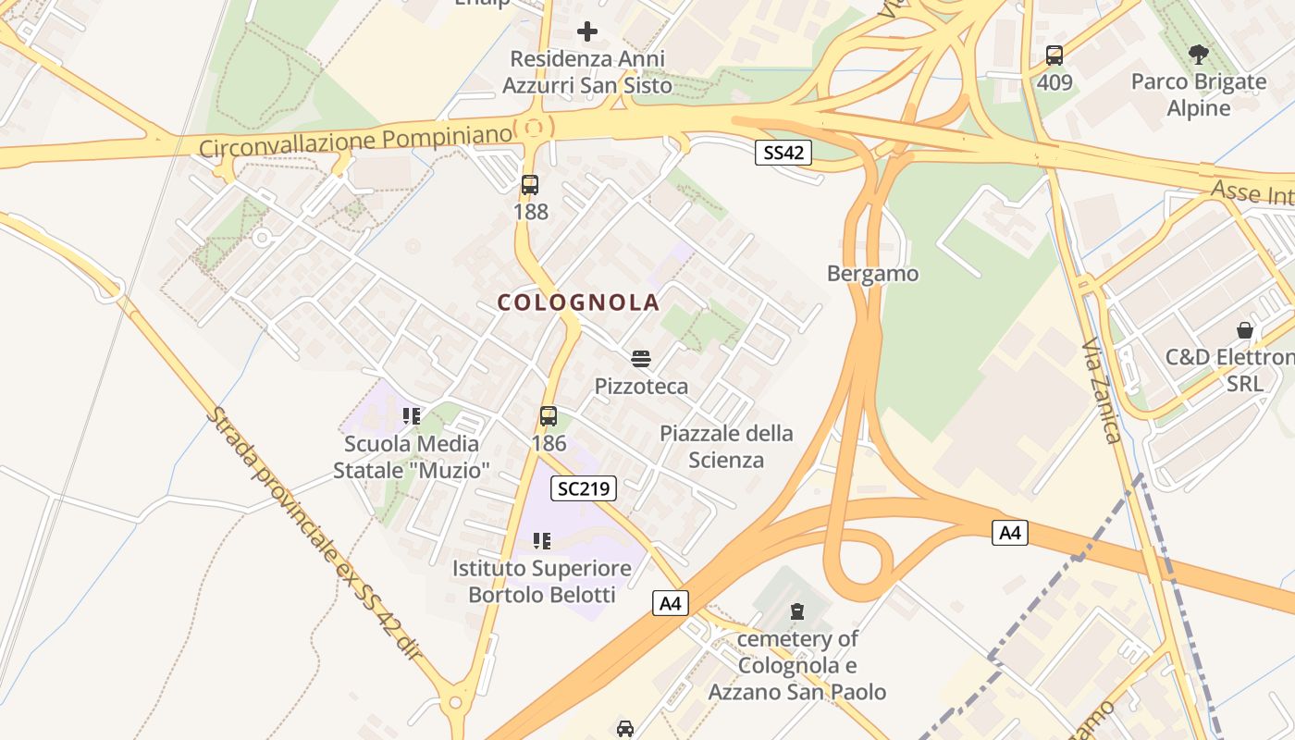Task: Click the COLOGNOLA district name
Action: point(578,302)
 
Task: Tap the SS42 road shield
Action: point(783,153)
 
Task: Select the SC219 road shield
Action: point(583,488)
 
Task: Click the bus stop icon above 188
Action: point(530,185)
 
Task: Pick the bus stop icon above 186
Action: point(549,416)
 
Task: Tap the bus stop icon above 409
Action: point(1054,55)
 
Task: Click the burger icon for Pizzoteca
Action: point(641,359)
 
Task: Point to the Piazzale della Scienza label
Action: point(726,447)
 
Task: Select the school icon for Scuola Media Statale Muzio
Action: point(412,416)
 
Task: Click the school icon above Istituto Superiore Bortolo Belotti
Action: point(542,540)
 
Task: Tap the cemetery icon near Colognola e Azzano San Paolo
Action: point(797,610)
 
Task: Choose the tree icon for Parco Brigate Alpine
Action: point(1199,55)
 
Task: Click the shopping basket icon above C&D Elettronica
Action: point(1245,330)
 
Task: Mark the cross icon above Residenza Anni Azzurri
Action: point(587,31)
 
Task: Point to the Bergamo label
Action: point(873,274)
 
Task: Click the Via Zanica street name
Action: point(1102,391)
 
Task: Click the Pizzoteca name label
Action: point(641,386)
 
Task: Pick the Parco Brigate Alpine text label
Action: point(1199,94)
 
